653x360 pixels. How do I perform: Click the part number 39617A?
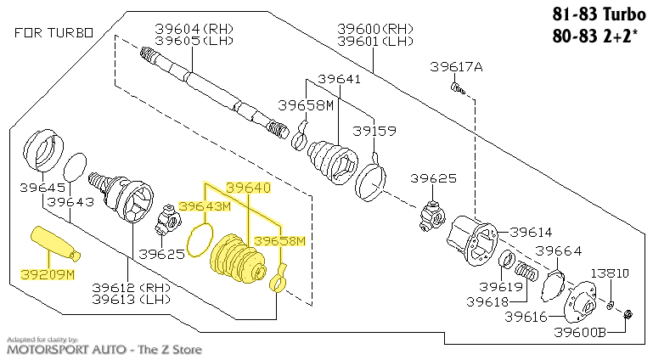click(455, 67)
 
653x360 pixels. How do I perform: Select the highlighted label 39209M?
click(47, 275)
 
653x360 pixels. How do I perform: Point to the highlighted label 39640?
click(247, 187)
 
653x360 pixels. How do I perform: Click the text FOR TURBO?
click(53, 33)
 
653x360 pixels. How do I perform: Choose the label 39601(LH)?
click(374, 41)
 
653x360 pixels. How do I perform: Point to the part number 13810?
click(610, 273)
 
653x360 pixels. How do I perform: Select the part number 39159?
click(374, 132)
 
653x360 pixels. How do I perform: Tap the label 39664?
click(557, 250)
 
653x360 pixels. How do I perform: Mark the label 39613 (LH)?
click(131, 299)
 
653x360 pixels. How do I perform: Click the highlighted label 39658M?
click(279, 241)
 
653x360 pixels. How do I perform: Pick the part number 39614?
click(531, 232)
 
